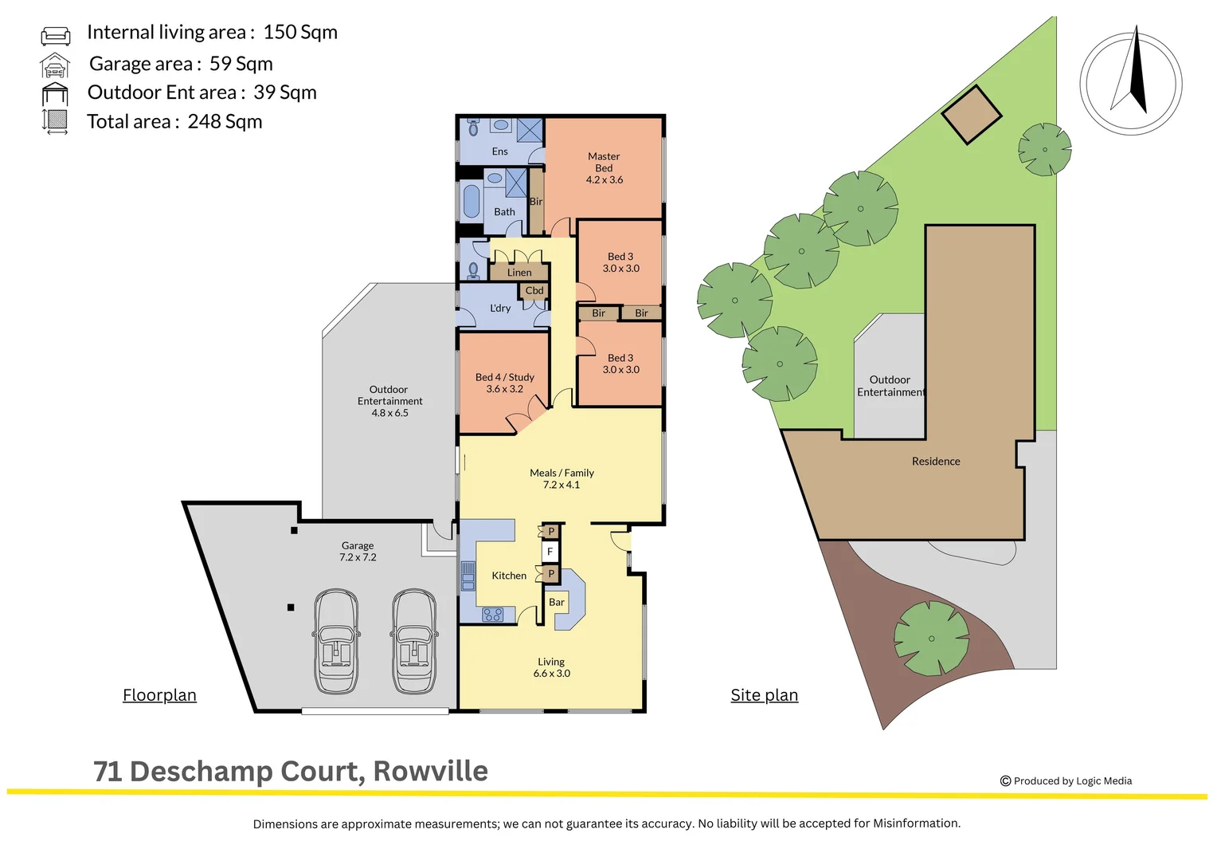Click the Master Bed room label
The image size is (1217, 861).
[604, 167]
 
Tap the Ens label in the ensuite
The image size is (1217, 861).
[499, 151]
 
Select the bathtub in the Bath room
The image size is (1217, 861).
[472, 202]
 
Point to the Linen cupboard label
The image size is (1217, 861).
[519, 273]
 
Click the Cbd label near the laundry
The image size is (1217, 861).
[534, 291]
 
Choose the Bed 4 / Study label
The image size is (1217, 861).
[505, 383]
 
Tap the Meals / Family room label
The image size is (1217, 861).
[562, 478]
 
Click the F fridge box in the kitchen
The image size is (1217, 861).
[550, 552]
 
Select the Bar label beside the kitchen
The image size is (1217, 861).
[557, 603]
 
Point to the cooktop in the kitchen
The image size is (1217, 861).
[493, 615]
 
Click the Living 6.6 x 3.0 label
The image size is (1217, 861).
[551, 667]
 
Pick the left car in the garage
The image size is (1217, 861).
[336, 642]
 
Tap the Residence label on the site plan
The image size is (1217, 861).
[936, 462]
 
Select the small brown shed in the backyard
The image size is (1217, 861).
[971, 115]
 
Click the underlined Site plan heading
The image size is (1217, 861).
[764, 695]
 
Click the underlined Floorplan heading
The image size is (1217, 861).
[159, 695]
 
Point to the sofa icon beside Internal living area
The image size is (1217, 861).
[56, 35]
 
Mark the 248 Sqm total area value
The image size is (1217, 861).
[225, 122]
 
